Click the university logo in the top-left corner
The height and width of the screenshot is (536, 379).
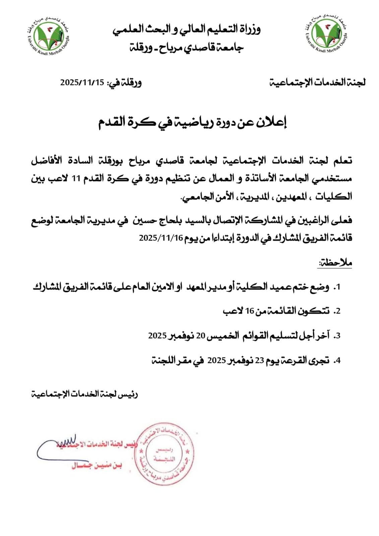pyautogui.click(x=49, y=34)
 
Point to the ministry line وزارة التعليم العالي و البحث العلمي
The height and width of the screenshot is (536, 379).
pyautogui.click(x=187, y=29)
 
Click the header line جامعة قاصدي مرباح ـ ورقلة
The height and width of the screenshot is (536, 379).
pyautogui.click(x=187, y=47)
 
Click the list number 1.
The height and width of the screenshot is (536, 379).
pyautogui.click(x=338, y=287)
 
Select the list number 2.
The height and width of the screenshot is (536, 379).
pyautogui.click(x=338, y=312)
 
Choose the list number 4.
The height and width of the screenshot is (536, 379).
pyautogui.click(x=338, y=360)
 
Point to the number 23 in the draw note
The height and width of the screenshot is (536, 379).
pyautogui.click(x=260, y=360)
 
